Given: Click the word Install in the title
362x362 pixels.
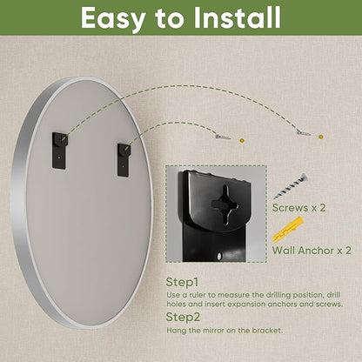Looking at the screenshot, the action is coord(237,17).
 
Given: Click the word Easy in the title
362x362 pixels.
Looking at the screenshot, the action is coord(113,19).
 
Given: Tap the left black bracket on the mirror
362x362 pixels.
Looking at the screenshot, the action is coord(60,151).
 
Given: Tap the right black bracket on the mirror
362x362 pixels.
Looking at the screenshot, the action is coord(124,160).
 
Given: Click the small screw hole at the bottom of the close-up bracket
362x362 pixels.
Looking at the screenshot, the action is coord(219,256).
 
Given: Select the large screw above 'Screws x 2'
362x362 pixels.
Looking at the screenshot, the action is coord(290,186).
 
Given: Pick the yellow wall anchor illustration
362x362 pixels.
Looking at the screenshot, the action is coord(288,230).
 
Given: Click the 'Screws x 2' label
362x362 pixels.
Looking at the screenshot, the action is coord(298,208).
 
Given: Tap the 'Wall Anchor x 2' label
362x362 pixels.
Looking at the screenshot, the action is coord(312,250).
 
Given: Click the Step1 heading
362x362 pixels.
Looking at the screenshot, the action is coord(182,282).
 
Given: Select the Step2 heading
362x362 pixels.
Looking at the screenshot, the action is coord(183,317).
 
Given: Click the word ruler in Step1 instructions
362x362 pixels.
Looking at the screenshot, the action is coord(198,295).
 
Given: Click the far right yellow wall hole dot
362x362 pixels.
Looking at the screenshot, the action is coord(320,137).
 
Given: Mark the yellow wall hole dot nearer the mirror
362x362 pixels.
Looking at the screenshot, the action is coord(242,140).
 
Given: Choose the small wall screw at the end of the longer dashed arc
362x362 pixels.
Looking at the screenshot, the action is coord(304,133).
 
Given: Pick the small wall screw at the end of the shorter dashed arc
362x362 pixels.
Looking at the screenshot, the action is coord(223,137).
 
